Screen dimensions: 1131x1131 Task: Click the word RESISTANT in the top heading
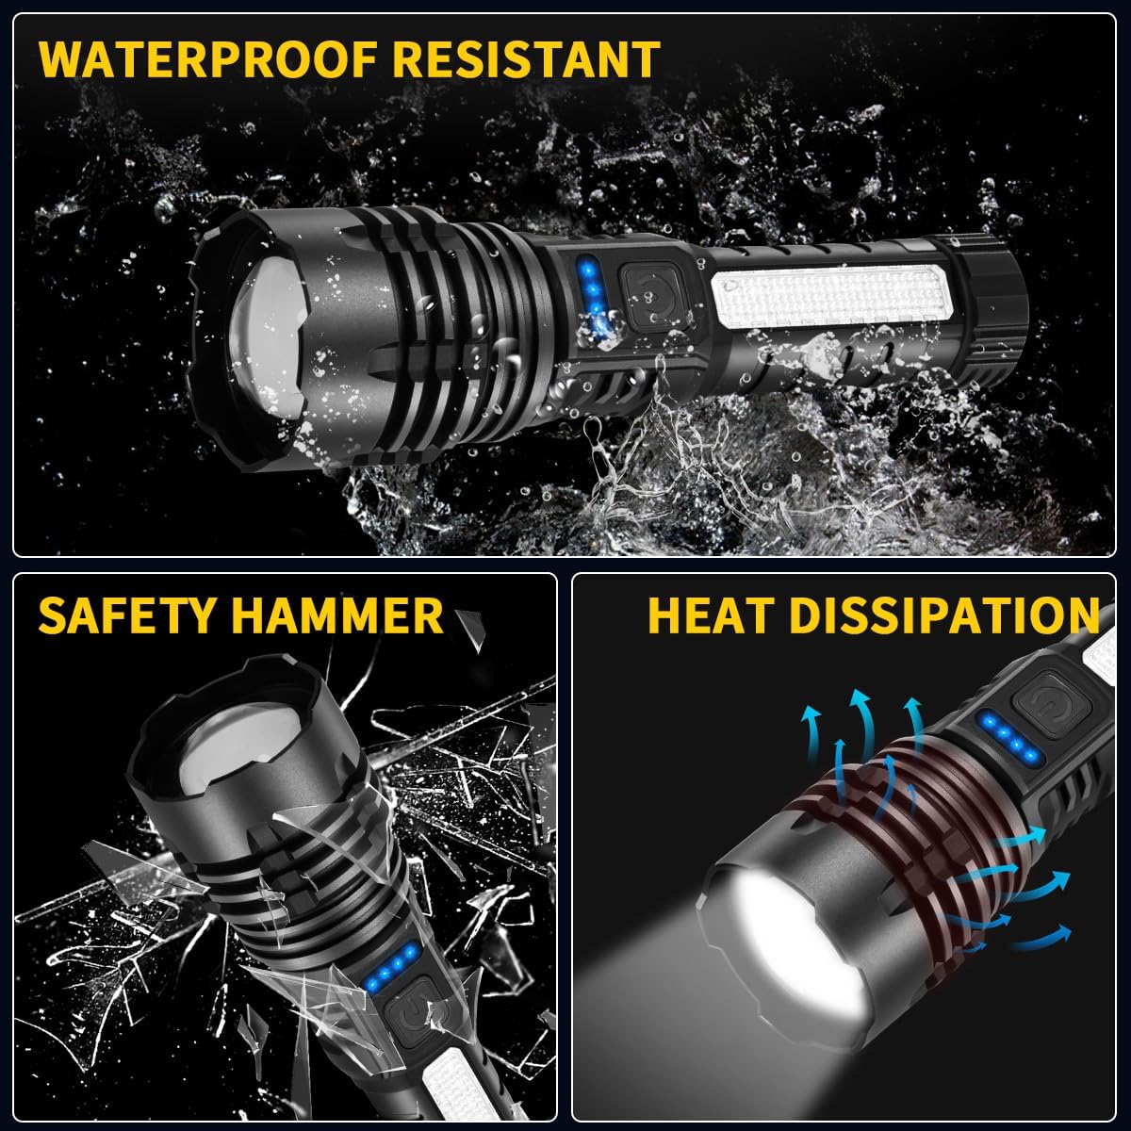point(527,58)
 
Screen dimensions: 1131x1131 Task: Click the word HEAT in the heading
point(709,615)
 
